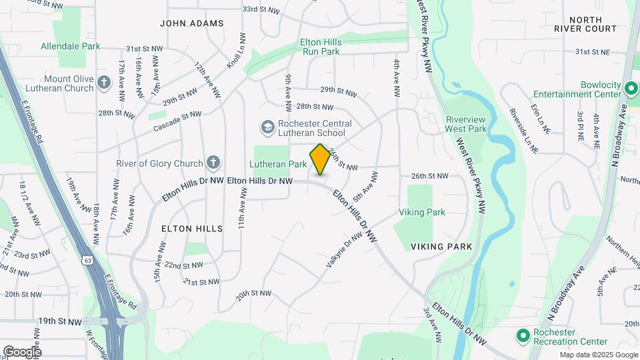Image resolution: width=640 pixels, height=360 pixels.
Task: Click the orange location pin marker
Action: tap(320, 159)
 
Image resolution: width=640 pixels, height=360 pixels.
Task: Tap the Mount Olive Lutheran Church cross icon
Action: tap(103, 83)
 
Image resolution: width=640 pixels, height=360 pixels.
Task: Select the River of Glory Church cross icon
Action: tap(213, 162)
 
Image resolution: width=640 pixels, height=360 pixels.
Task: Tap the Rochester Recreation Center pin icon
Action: tap(523, 335)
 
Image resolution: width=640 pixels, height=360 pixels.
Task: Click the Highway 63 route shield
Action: tap(87, 259)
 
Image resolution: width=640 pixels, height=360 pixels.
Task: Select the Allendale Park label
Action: tap(71, 46)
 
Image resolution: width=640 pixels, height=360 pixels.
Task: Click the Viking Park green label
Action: tap(421, 212)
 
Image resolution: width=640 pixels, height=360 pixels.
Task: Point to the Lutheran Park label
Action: tap(278, 163)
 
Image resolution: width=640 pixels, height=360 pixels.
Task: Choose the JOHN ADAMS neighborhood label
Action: tap(192, 23)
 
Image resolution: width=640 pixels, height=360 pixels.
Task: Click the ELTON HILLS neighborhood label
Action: tap(192, 228)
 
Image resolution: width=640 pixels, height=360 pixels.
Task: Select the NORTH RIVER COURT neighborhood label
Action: tap(585, 23)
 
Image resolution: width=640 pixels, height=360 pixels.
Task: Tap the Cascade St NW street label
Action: tap(177, 121)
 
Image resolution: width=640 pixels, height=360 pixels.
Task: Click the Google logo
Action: tap(22, 351)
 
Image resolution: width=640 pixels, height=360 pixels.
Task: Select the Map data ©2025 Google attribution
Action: tap(599, 355)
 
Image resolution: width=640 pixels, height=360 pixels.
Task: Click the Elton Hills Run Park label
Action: tap(321, 46)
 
